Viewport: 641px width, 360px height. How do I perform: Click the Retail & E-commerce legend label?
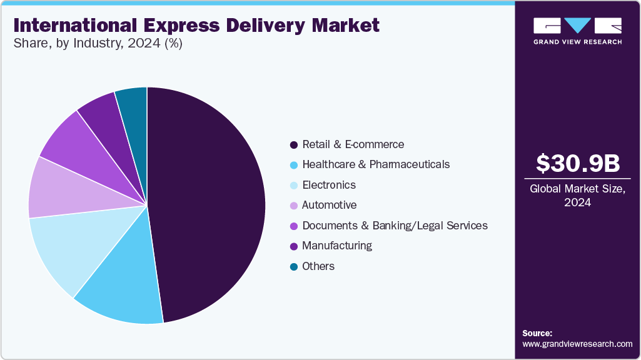click(353, 144)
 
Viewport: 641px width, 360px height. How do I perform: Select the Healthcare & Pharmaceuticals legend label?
click(376, 164)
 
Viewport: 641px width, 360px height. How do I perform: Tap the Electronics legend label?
click(329, 185)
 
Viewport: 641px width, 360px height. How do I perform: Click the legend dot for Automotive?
click(293, 206)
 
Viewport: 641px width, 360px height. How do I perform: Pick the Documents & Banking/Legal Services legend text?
click(395, 226)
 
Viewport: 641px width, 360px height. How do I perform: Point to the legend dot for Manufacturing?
click(293, 246)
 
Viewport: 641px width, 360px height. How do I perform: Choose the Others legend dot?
click(293, 267)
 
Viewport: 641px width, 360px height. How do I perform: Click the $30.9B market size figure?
click(578, 163)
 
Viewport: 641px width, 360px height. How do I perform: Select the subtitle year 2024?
click(144, 43)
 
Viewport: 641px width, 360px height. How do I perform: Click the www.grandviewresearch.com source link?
click(577, 344)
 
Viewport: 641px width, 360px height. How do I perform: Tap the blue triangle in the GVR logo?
click(578, 25)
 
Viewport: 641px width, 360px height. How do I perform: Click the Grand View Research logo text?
click(578, 42)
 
